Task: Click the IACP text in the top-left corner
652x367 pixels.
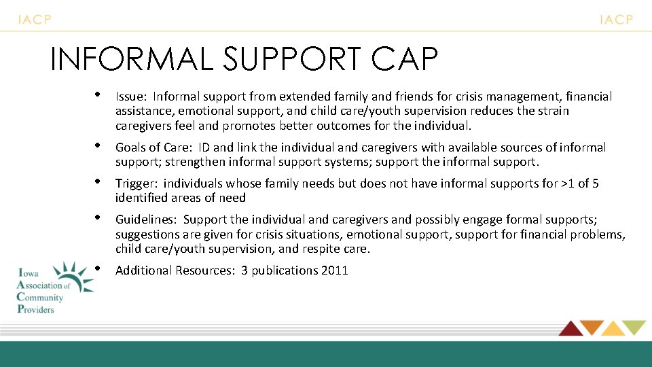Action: coord(34,20)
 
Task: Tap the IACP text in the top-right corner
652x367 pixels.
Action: coord(616,20)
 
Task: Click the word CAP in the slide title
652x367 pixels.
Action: coord(405,59)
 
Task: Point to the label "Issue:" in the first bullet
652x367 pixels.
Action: coord(131,97)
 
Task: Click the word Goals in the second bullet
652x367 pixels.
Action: coord(130,147)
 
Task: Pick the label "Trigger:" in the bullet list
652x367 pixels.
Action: coord(137,183)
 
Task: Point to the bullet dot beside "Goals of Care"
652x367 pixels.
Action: coord(98,145)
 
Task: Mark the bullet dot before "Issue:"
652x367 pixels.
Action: coord(98,94)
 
